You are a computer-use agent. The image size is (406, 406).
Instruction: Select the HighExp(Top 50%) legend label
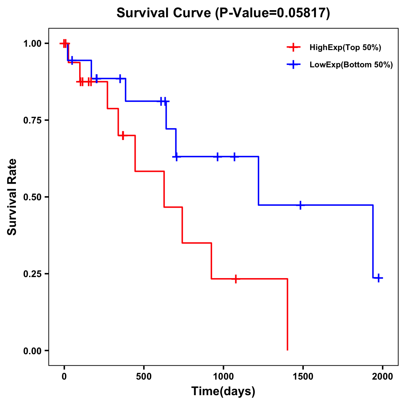point(345,48)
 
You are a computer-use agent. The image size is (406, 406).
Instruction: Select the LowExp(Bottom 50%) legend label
point(351,65)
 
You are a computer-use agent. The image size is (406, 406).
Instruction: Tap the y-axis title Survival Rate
point(12,197)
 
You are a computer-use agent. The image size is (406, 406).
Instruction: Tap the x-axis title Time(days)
point(223,391)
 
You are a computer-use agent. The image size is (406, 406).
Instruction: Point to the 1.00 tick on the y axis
point(32,44)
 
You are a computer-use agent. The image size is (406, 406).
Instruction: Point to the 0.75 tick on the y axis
point(32,120)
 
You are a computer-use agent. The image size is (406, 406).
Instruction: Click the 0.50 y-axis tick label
point(32,197)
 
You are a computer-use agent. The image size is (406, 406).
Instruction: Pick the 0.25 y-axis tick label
point(32,274)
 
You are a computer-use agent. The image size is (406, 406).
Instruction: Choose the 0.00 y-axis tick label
point(32,351)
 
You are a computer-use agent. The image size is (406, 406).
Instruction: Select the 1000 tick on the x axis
point(223,376)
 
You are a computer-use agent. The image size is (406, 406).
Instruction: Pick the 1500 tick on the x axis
point(303,376)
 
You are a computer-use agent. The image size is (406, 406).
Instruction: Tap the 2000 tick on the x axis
point(382,376)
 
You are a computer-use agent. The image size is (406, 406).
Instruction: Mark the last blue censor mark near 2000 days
point(379,278)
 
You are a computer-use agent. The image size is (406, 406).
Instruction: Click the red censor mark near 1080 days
point(235,279)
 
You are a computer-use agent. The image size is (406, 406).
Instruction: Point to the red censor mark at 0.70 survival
point(123,135)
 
